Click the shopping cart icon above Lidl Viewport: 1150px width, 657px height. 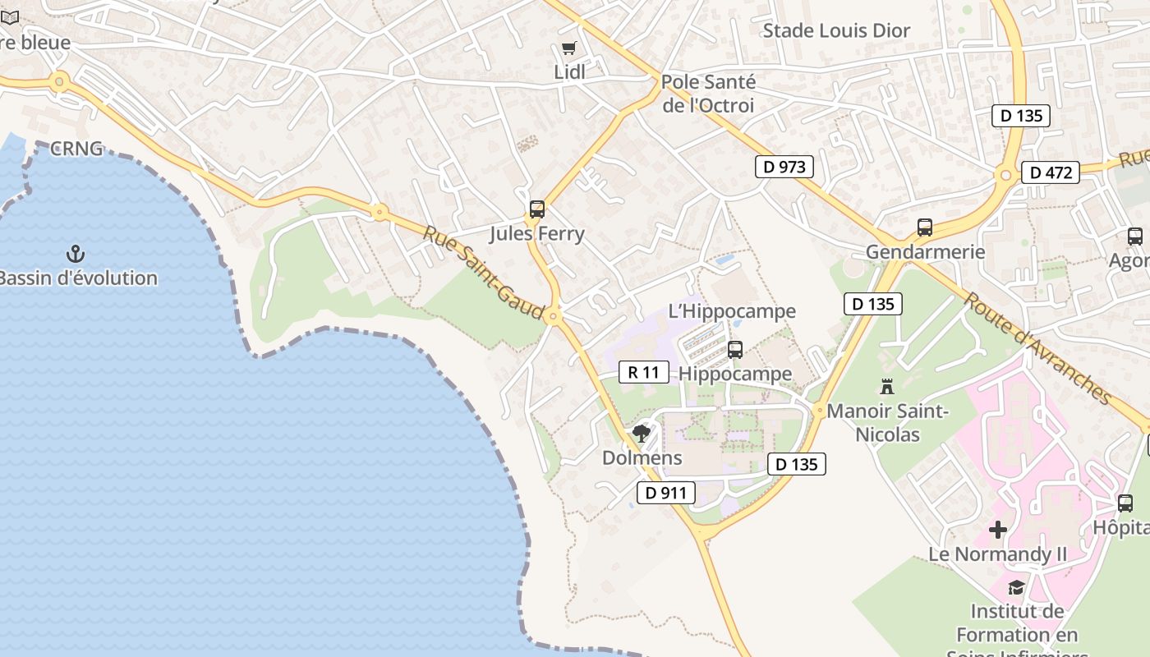(x=568, y=48)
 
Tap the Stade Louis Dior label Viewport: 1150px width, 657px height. (x=836, y=31)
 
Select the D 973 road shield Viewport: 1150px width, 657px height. (x=784, y=167)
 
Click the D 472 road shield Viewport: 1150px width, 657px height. (x=1051, y=172)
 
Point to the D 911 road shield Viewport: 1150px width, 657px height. (x=665, y=493)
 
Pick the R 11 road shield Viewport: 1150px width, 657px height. (x=643, y=372)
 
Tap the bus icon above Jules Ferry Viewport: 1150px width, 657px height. (x=537, y=209)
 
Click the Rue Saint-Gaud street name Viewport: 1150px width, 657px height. (x=484, y=273)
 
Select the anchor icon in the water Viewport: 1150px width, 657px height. (x=76, y=254)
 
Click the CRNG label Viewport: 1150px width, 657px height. (x=76, y=149)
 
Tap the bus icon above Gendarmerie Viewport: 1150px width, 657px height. (x=925, y=227)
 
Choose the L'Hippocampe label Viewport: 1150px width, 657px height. (x=732, y=311)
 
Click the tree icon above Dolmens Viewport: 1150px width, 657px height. (x=641, y=433)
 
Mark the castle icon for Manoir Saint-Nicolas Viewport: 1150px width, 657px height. (x=887, y=386)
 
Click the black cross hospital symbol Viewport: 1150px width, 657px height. (x=998, y=530)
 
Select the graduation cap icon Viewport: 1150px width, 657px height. (x=1016, y=586)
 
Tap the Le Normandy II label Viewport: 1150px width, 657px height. (x=997, y=554)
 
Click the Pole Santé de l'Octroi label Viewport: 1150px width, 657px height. (x=707, y=94)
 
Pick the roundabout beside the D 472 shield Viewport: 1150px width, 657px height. (x=1005, y=174)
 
